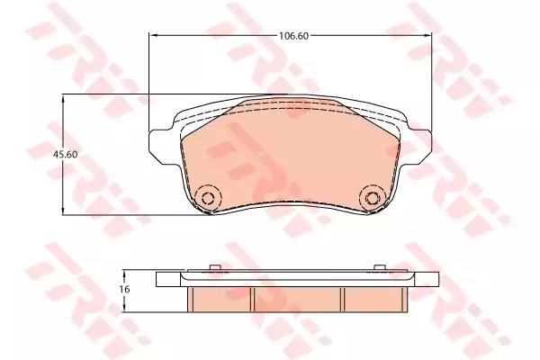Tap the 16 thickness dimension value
126,289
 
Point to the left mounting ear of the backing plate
158,143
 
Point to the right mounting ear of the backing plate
421,143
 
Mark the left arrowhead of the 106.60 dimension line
152,36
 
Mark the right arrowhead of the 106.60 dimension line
428,36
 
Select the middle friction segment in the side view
297,297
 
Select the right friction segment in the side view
370,297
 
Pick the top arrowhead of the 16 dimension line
126,273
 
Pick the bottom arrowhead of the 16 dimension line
126,308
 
